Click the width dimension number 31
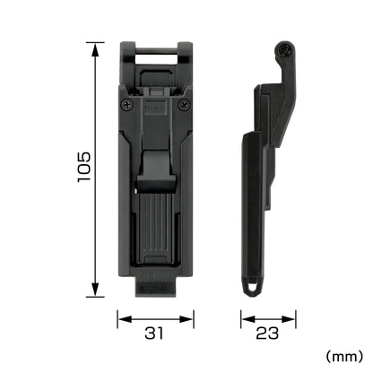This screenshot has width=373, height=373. pos(154,334)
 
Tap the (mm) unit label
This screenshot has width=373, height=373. pos(343,356)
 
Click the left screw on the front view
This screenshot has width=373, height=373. pos(125,105)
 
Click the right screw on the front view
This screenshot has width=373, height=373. pos(185,105)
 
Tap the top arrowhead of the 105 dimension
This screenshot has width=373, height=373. pos(93,44)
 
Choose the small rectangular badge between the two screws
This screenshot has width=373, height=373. pos(154,105)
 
